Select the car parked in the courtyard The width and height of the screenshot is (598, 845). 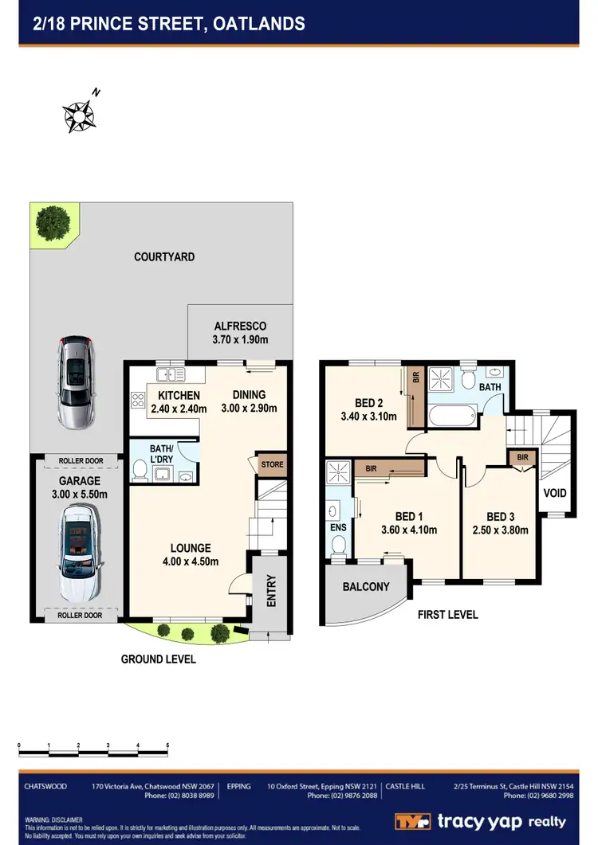click(x=73, y=381)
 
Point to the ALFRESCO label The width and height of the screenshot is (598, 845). click(x=240, y=326)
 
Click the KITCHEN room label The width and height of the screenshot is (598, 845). click(x=179, y=396)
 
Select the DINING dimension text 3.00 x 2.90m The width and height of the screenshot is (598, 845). click(x=250, y=409)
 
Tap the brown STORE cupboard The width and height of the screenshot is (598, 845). click(x=272, y=464)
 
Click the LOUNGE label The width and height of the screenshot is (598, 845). click(x=191, y=548)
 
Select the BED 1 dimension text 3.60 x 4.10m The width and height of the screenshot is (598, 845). click(x=408, y=530)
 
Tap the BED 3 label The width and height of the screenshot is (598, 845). click(x=501, y=516)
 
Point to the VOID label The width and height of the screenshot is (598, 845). click(x=555, y=493)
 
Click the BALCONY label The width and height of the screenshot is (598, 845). click(x=366, y=587)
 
